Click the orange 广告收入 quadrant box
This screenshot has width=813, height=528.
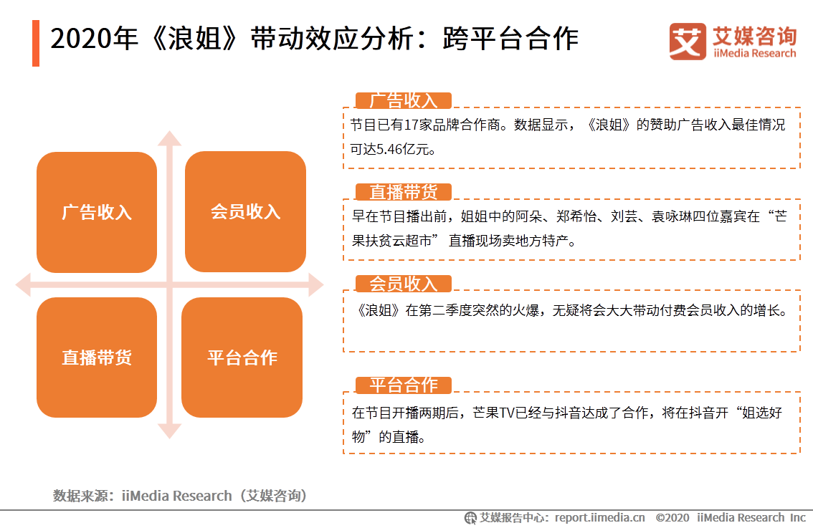(97, 212)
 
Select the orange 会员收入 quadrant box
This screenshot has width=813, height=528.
(245, 211)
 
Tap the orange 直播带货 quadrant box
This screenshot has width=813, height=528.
(97, 357)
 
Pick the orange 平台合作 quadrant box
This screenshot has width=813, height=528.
(242, 357)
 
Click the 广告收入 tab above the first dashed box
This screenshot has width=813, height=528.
(404, 100)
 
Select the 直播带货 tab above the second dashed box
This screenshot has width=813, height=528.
(404, 192)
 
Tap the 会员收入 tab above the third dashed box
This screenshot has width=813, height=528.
(404, 284)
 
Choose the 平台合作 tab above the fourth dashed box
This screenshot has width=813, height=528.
(404, 385)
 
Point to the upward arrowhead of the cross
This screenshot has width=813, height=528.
(169, 138)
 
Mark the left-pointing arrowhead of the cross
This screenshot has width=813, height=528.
(24, 285)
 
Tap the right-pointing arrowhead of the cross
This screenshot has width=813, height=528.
(316, 285)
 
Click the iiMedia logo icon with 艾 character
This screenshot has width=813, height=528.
(688, 42)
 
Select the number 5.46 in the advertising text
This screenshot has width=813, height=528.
(389, 150)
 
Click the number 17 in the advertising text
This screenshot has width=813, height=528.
(411, 125)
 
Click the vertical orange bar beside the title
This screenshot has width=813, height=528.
(36, 43)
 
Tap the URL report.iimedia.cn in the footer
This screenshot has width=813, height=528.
(600, 518)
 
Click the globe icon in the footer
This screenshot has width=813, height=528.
(470, 518)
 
